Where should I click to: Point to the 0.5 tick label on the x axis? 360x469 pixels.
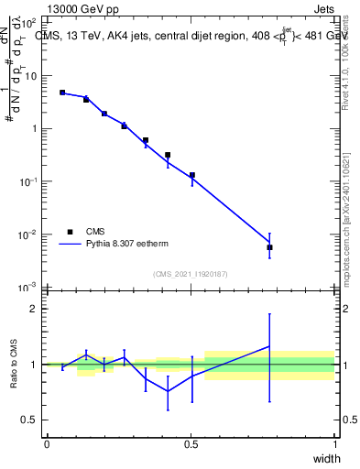191,443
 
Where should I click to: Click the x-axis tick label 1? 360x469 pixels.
335,443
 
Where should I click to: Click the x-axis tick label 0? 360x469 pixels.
47,443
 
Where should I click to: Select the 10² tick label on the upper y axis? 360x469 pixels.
30,21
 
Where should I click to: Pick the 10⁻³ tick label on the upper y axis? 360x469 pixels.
30,288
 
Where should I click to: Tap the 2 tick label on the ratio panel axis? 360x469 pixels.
34,309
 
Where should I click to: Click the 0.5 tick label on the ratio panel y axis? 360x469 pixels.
30,420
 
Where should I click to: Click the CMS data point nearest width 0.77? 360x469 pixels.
269,247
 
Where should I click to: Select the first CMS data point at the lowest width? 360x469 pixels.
62,93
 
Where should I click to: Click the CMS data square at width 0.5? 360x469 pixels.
192,175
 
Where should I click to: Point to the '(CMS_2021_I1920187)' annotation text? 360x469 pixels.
191,274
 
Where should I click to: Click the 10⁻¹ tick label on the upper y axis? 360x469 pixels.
30,181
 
